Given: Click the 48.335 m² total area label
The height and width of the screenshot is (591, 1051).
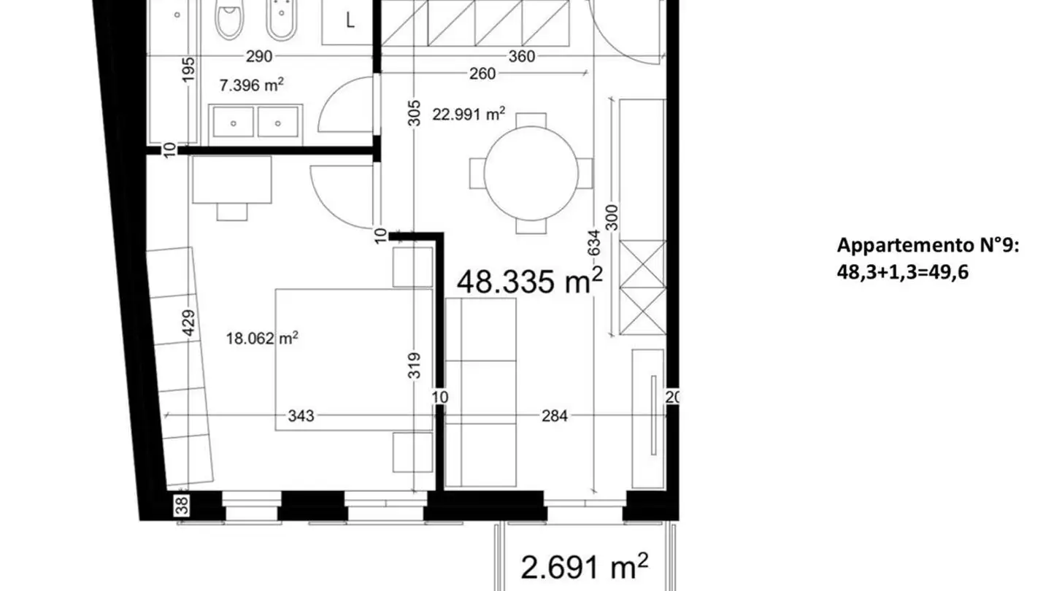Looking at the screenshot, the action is point(530,281).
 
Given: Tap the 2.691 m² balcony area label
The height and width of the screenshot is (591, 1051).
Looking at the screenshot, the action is point(585,567).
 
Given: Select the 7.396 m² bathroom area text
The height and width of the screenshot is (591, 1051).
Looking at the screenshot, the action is point(252,85).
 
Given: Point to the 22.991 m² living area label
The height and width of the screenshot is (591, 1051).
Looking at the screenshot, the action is point(469,114).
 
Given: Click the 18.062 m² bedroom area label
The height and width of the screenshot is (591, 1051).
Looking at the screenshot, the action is point(262,339).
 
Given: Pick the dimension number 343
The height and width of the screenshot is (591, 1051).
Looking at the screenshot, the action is point(301,416).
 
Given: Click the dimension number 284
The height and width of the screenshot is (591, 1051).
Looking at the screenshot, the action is point(555,416).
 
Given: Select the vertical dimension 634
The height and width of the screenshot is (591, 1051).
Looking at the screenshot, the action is point(593,242).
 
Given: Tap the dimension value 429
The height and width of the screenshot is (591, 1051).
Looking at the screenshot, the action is point(188,322).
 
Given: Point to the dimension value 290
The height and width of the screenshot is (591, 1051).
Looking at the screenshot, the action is point(259,56).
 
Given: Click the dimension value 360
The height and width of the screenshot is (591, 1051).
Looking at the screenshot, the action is point(522,56).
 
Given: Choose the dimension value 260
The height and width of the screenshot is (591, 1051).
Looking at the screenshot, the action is point(482,74).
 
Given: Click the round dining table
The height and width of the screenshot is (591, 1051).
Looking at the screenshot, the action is point(531,174).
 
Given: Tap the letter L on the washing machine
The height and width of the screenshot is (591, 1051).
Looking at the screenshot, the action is point(350,20).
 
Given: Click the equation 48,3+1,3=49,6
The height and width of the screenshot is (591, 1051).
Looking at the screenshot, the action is point(903,272).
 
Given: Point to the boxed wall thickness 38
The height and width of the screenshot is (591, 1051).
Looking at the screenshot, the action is point(182,505).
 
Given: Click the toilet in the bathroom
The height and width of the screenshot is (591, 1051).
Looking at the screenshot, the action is point(229,19).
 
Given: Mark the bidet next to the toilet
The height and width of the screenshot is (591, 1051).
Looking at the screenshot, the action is point(282,19).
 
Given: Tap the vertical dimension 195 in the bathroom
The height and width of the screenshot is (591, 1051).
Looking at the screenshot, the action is point(188,69).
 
